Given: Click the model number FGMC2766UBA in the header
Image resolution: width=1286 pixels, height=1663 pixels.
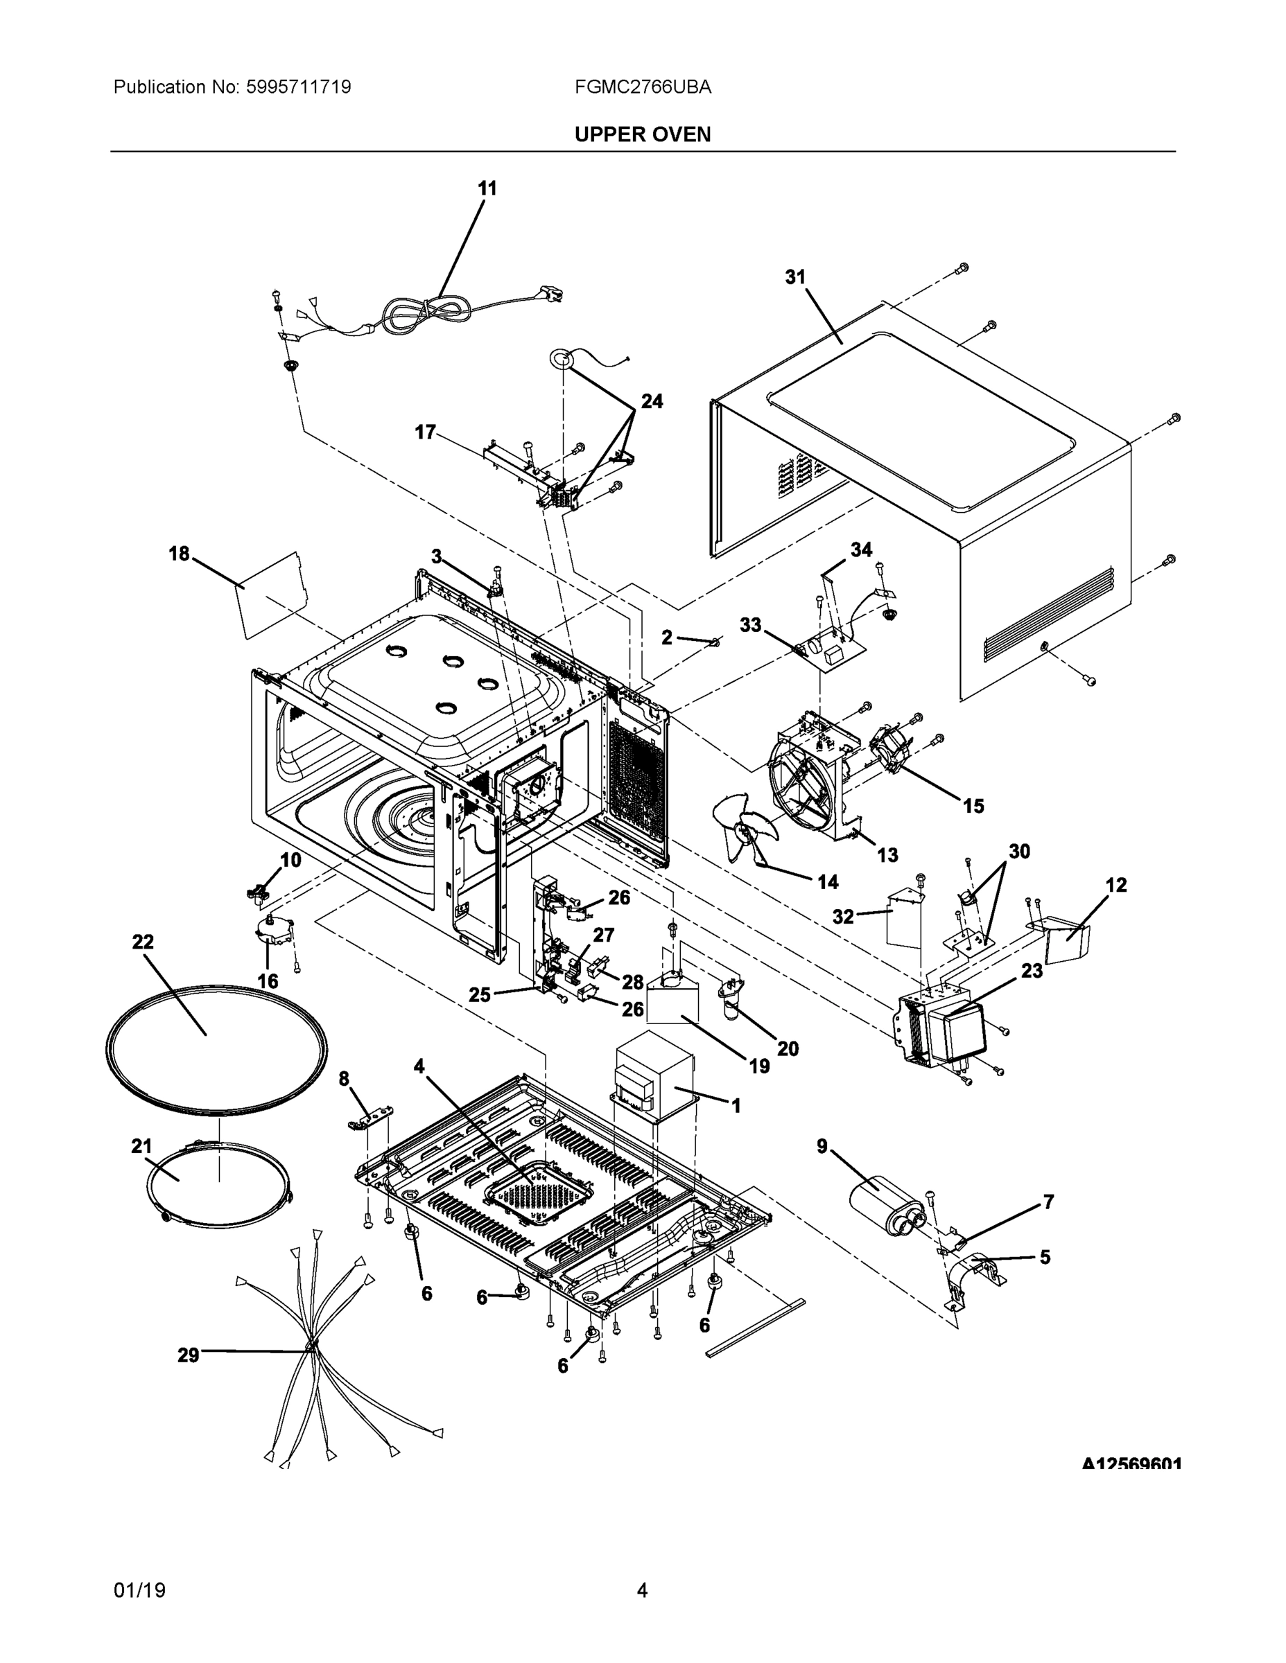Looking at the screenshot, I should tap(643, 87).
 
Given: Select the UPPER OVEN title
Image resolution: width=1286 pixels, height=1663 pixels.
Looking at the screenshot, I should tap(642, 135).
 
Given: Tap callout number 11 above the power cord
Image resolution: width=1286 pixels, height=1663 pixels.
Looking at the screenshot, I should tap(487, 188).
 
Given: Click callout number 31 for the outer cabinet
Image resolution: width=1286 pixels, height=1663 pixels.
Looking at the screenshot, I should tap(795, 277).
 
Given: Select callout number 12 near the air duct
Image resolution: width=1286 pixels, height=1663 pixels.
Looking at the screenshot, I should tap(1115, 885).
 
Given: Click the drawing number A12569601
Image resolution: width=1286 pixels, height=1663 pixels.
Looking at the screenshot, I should tap(1131, 1463).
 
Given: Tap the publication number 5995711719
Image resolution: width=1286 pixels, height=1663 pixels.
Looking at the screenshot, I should tap(299, 87).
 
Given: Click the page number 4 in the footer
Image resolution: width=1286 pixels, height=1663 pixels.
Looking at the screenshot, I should tap(642, 1590).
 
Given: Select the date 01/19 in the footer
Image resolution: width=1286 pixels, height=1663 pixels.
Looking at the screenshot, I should tap(139, 1590).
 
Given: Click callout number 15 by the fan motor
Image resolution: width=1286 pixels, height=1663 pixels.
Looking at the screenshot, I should tap(973, 806).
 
